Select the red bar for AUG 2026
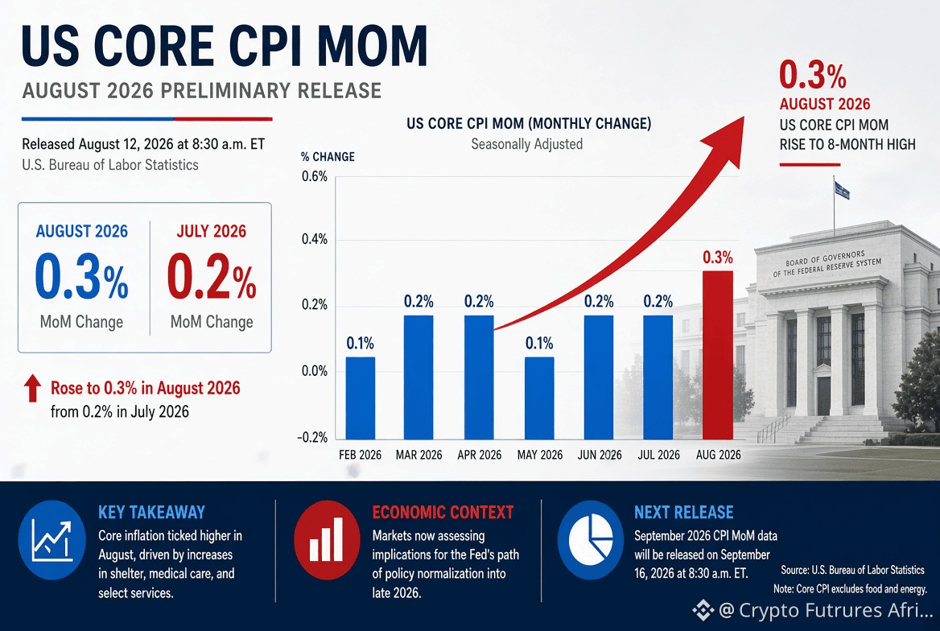tap(718, 355)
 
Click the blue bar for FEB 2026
tap(361, 398)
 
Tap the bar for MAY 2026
tap(539, 398)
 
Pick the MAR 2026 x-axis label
tap(419, 455)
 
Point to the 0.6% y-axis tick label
tap(315, 176)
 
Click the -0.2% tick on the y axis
tap(312, 437)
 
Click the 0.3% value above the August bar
tap(718, 258)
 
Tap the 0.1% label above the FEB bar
tap(361, 343)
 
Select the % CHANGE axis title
tap(328, 157)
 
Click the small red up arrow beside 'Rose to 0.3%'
tap(32, 388)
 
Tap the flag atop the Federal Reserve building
tap(842, 190)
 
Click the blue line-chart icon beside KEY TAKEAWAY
tap(52, 539)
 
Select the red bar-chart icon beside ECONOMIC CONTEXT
tap(327, 539)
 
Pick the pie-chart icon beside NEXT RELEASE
tap(591, 539)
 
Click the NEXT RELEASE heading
tap(684, 512)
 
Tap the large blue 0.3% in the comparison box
tap(81, 276)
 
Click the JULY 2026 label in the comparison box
tap(212, 232)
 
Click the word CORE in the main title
tap(154, 45)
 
